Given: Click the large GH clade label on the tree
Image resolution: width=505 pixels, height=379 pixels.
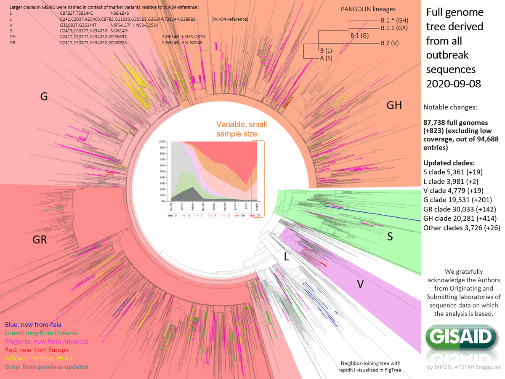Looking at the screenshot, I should click(394, 105).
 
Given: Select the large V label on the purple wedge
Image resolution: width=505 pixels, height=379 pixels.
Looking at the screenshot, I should click(360, 284).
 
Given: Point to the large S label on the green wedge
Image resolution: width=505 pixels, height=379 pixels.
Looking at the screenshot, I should click(390, 237).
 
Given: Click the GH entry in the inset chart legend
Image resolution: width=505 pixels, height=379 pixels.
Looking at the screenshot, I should click(242, 216).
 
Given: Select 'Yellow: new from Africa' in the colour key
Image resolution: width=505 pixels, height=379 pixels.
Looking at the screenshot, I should click(38, 358).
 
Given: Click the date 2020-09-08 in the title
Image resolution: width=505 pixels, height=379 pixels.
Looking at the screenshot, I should click(454, 83).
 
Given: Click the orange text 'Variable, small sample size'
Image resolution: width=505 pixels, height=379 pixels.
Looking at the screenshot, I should click(242, 129).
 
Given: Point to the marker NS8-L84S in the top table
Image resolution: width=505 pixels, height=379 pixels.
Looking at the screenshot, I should click(113, 13).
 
